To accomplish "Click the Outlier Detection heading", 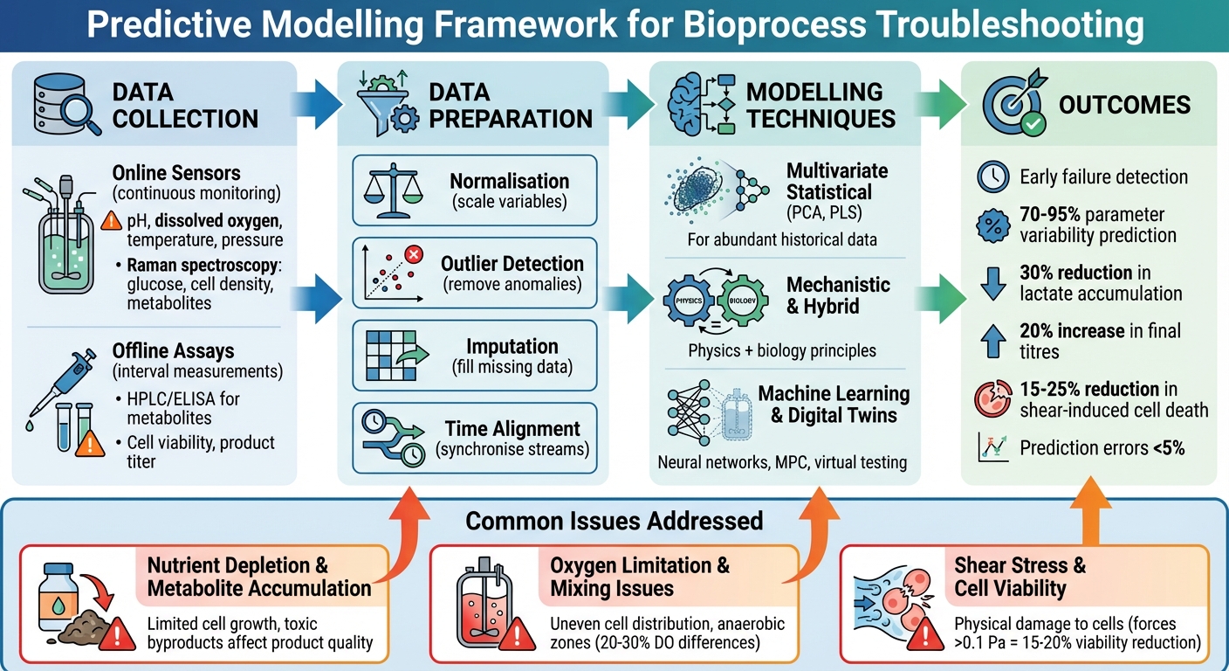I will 512,264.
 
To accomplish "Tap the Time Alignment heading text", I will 512,429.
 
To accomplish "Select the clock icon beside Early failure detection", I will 992,177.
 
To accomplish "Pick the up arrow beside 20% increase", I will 992,341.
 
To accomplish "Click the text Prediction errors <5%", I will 1102,448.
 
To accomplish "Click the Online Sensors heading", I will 176,173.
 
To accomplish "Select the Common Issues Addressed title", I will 614,522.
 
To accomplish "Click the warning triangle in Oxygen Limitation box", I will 520,630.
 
